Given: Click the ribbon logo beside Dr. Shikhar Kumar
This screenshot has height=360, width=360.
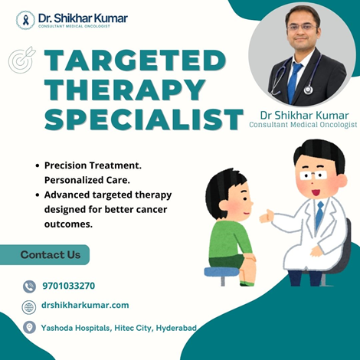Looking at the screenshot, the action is coord(25,20).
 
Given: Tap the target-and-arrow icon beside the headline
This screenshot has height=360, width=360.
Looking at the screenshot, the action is coord(22,60).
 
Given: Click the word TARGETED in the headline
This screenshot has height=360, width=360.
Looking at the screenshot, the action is coord(136,61).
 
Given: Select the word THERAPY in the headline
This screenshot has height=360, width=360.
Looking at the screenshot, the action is coord(126,90).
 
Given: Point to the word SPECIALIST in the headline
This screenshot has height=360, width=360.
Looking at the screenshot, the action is coord(144,119).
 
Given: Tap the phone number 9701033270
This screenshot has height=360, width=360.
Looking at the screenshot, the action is coord(69,286).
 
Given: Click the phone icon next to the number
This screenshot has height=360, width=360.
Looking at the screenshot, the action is coord(29,286).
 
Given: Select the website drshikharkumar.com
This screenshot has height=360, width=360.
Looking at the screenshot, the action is coord(85,305).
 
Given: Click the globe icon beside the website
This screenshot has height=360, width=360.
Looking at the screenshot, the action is coord(29,307).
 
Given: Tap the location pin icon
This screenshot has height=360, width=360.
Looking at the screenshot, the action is coord(29,327).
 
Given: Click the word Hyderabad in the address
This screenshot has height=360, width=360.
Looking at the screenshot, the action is coord(176,328).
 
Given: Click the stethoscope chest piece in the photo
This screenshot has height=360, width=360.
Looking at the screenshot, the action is coord(309,90).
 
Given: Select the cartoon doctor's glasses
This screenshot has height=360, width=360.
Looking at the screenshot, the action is coord(313,175).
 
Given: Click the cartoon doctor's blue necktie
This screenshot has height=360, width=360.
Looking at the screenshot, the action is coord(319,215).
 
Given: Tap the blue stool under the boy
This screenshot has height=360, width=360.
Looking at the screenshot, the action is coord(222,274).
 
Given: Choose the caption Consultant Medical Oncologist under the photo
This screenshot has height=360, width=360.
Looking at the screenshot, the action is coord(303,125).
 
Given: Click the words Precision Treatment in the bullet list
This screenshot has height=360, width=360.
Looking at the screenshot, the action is coord(93,165).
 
